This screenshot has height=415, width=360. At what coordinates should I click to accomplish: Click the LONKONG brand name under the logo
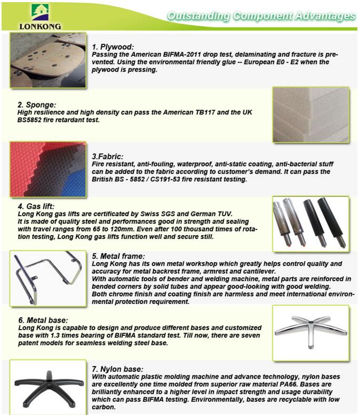tap(40, 26)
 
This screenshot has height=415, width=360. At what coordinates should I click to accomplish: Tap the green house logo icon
tap(40, 12)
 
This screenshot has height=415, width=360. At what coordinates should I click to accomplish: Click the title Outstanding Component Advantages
tap(261, 16)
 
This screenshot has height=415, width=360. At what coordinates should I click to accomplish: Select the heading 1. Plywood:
tap(113, 47)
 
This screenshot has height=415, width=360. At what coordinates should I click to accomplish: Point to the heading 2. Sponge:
tap(37, 105)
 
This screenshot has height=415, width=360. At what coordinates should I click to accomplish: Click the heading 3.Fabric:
tap(108, 157)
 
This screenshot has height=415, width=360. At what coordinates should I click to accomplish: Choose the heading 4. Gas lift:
tap(36, 206)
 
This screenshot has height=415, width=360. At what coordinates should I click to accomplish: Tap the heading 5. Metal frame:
tap(119, 256)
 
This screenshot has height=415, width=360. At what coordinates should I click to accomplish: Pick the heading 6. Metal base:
tap(43, 320)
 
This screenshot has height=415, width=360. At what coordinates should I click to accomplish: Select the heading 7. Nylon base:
tap(118, 369)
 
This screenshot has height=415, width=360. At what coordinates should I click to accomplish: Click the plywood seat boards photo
tap(48, 60)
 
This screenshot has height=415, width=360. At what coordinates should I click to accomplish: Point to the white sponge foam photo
tap(311, 115)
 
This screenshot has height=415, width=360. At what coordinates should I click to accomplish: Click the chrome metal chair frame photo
tap(48, 278)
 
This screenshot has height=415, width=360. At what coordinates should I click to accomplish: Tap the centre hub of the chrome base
tap(311, 322)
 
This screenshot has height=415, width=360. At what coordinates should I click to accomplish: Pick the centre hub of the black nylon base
tap(49, 381)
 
